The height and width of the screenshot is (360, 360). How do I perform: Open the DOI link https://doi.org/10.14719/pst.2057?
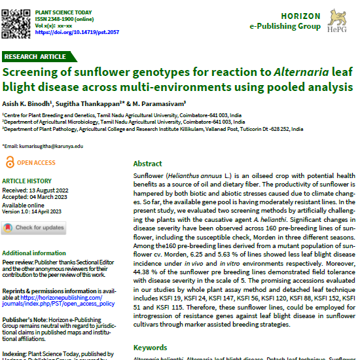77,33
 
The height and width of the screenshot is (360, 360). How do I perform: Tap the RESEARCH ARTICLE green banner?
36,57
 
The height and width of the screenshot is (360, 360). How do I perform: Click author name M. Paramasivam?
160,103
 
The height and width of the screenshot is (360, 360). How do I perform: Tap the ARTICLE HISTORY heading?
27,181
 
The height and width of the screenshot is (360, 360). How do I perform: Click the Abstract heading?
148,164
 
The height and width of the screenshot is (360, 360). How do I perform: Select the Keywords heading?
151,348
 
